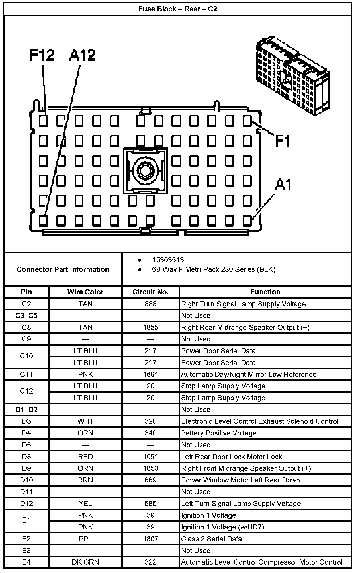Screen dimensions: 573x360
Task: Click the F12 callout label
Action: point(42,55)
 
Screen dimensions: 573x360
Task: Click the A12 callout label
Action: point(82,55)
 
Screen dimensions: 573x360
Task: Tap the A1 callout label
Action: point(283,184)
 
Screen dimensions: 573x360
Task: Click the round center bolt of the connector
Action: point(146,171)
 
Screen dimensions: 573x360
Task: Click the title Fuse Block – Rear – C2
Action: point(178,9)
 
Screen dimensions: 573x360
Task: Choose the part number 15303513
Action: point(168,260)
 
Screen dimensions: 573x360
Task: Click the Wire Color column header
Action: point(85,292)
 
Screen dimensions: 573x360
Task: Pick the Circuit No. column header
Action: point(150,292)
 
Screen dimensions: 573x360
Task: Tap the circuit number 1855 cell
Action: point(150,327)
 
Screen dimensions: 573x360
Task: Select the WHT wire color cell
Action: point(85,421)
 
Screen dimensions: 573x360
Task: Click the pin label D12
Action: point(26,504)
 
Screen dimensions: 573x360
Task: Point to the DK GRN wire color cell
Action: point(85,562)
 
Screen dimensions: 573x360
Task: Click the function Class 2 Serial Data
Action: point(211,539)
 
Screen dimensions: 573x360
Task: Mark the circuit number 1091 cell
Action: point(150,457)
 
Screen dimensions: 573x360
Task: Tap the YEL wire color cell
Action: point(85,504)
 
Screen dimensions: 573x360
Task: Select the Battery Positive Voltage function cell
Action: point(219,433)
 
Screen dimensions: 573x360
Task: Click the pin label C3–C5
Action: point(26,316)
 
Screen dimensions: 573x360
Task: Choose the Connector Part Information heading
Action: point(63,269)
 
